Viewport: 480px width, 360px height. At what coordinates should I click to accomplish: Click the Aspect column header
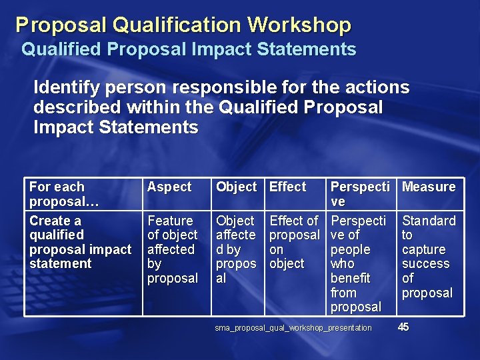(x=169, y=187)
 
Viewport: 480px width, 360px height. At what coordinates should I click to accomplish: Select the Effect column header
(x=287, y=187)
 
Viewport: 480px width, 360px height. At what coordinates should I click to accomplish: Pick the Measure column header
(x=429, y=187)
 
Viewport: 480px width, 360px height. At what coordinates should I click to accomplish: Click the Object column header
(x=236, y=187)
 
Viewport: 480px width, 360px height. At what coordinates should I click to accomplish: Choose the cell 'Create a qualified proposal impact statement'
(x=80, y=242)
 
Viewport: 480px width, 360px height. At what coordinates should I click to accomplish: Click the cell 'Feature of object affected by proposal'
(x=173, y=249)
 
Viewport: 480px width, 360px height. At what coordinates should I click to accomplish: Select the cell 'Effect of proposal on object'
(x=294, y=242)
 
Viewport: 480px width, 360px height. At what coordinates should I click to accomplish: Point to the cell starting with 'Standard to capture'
(x=428, y=257)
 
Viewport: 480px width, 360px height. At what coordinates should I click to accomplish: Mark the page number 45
(x=404, y=327)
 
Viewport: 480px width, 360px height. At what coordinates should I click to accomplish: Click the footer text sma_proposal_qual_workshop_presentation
(x=293, y=327)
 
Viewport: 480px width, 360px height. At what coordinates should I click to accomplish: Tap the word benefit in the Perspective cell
(x=350, y=278)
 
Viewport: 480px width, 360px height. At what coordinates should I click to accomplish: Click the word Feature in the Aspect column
(x=170, y=221)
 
